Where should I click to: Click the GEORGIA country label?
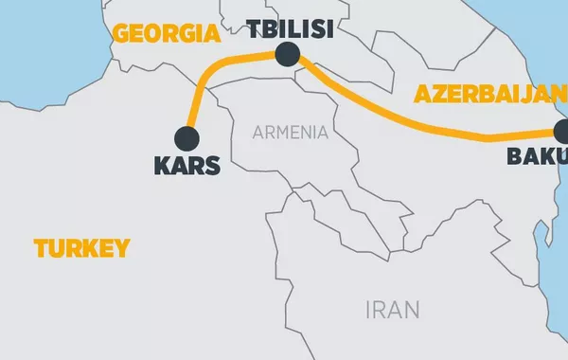pos(166,35)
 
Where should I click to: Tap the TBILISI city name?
pos(289,28)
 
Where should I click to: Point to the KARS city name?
pos(186,166)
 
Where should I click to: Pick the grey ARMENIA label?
pos(291,133)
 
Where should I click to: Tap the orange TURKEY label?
pos(81,249)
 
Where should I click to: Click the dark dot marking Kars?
pos(187,138)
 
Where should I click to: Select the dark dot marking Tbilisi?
pos(288,54)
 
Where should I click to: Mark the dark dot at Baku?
pos(563,134)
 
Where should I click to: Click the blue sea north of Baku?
pos(530,38)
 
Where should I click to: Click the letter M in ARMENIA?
pos(284,133)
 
